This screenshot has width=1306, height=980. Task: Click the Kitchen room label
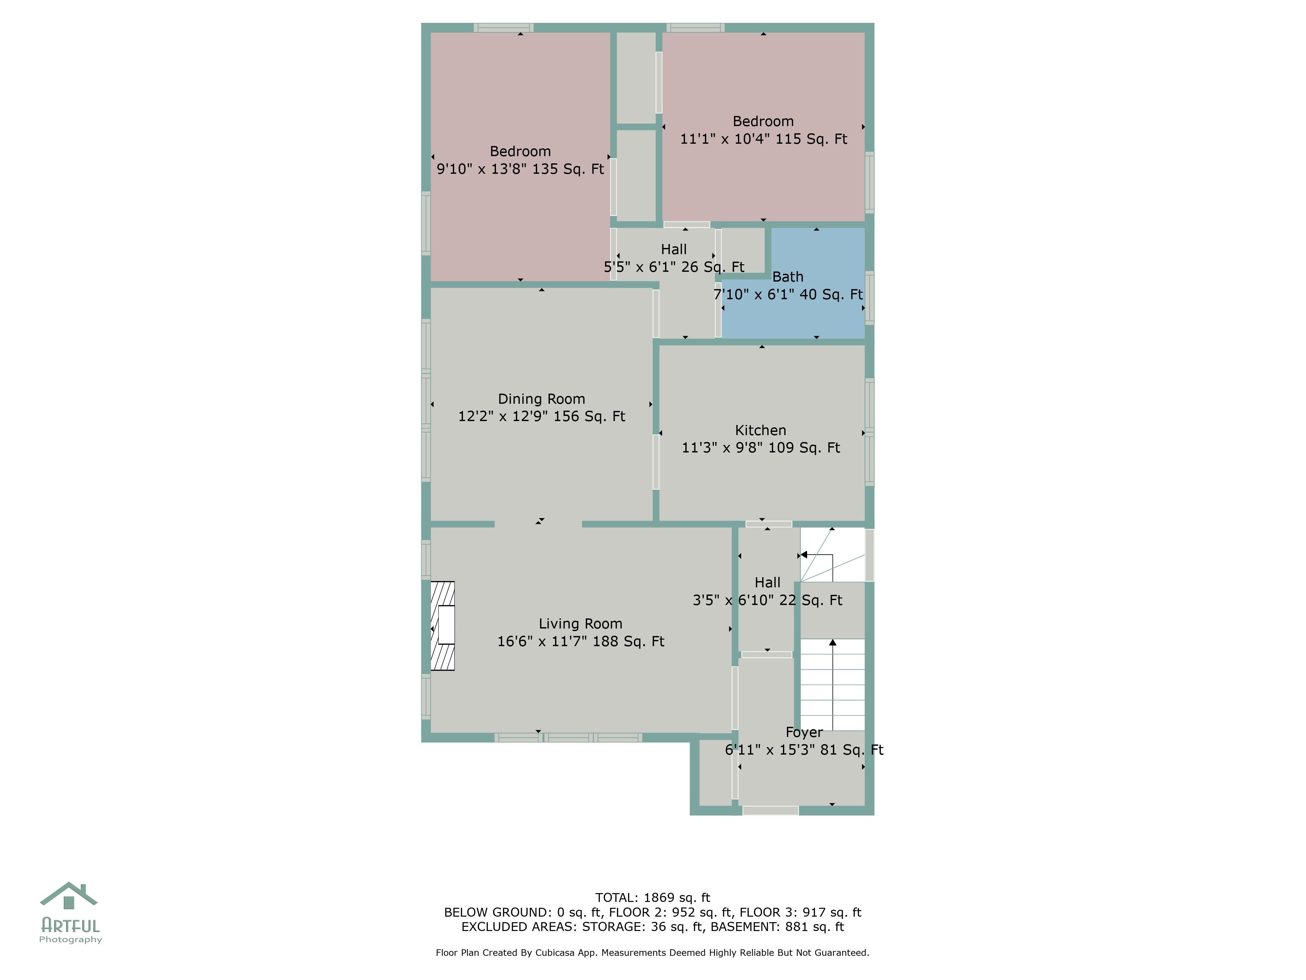coord(760,430)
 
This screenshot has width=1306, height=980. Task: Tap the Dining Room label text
coord(541,399)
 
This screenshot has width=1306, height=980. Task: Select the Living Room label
coord(581,624)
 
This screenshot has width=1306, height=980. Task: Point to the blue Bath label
coord(788,276)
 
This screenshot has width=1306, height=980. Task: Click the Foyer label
coord(804,732)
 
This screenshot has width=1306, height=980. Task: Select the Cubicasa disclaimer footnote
coord(652,952)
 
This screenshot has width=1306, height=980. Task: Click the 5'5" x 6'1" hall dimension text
coord(674,267)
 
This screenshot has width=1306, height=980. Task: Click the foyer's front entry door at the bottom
coord(771,810)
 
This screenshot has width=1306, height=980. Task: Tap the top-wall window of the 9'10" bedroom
coord(503,27)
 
